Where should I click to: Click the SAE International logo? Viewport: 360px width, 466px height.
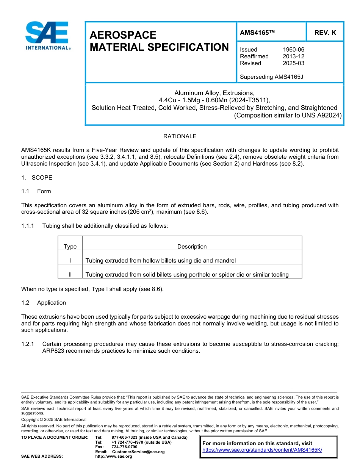click(x=47, y=35)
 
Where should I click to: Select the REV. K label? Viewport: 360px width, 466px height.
click(x=325, y=33)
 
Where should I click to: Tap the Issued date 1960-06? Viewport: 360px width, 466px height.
click(x=293, y=50)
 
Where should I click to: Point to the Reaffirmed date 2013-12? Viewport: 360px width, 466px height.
click(x=293, y=56)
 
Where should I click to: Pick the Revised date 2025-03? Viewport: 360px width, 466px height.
click(x=293, y=63)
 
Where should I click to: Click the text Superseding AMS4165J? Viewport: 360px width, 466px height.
click(x=271, y=77)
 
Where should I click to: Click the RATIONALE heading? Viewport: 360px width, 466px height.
click(x=180, y=136)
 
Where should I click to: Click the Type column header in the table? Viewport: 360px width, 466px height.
click(x=70, y=247)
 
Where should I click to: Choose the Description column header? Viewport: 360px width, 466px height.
click(x=192, y=247)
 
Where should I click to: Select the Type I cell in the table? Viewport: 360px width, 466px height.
click(x=70, y=261)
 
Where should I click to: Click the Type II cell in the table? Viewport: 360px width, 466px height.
click(x=70, y=275)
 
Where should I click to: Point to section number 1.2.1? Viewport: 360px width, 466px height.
click(x=28, y=344)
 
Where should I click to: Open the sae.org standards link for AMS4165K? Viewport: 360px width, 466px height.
click(x=262, y=450)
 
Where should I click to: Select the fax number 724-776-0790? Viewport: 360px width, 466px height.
click(x=124, y=447)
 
